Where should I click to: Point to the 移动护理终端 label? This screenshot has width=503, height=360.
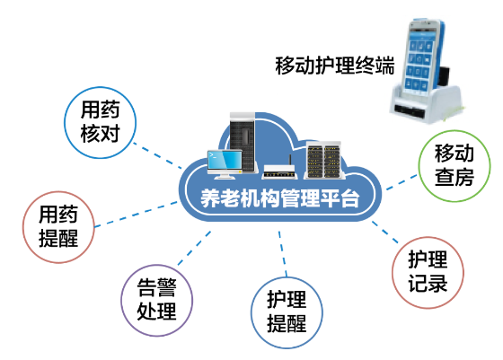334,66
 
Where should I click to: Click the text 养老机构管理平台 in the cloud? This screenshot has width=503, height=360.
279,198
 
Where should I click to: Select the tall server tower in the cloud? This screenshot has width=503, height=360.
243,141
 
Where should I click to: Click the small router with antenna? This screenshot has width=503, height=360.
278,170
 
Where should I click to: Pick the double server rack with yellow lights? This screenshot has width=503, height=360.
323,160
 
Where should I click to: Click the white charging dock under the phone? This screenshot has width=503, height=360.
427,104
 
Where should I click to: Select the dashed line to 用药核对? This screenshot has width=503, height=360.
157,155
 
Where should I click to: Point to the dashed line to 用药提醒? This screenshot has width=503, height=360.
136,215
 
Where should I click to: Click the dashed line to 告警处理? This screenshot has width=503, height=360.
194,248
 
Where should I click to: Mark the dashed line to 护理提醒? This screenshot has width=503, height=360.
283,253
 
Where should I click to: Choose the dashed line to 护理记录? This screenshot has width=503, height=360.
385,232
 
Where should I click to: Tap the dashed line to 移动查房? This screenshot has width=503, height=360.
402,182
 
